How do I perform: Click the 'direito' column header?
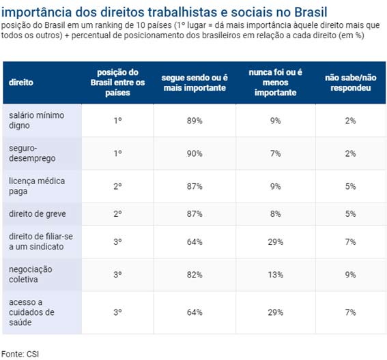click(21, 82)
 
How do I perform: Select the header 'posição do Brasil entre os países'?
click(117, 82)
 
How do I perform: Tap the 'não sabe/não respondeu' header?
click(350, 82)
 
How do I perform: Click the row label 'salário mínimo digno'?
click(37, 120)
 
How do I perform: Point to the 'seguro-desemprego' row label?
click(32, 153)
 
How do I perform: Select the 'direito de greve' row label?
click(38, 214)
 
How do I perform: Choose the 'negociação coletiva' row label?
click(30, 274)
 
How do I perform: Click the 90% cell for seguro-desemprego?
click(195, 153)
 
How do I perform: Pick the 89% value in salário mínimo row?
click(195, 121)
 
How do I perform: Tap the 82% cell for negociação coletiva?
click(195, 275)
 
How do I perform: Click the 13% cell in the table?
click(276, 275)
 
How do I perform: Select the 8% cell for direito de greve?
click(276, 214)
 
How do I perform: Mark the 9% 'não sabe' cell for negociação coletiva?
click(350, 275)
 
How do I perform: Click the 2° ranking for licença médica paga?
click(117, 186)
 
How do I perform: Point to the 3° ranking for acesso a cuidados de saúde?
click(117, 312)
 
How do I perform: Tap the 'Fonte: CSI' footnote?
click(20, 354)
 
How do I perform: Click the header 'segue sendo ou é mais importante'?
click(195, 82)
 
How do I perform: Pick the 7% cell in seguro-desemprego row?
click(276, 153)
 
